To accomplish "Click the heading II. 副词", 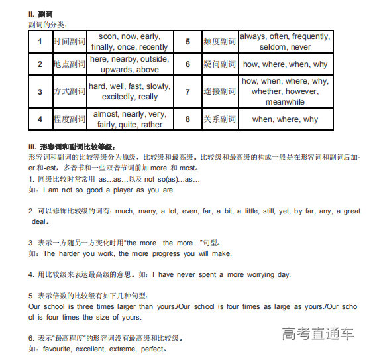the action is point(42,13).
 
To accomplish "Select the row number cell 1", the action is point(40,42).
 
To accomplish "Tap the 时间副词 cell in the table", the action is point(70,42).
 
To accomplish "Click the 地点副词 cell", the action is point(70,64).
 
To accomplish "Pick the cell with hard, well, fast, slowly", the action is point(130,91).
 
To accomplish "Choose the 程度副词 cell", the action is point(70,119).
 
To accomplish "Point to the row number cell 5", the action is point(187,42).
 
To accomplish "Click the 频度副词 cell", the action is point(219,42).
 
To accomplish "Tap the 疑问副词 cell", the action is point(219,64).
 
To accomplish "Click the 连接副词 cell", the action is point(219,91).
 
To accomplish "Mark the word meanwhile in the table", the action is point(285,102).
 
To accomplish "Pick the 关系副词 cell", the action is point(219,119).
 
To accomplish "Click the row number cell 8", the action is point(187,119).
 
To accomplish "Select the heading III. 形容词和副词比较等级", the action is point(72,146).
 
